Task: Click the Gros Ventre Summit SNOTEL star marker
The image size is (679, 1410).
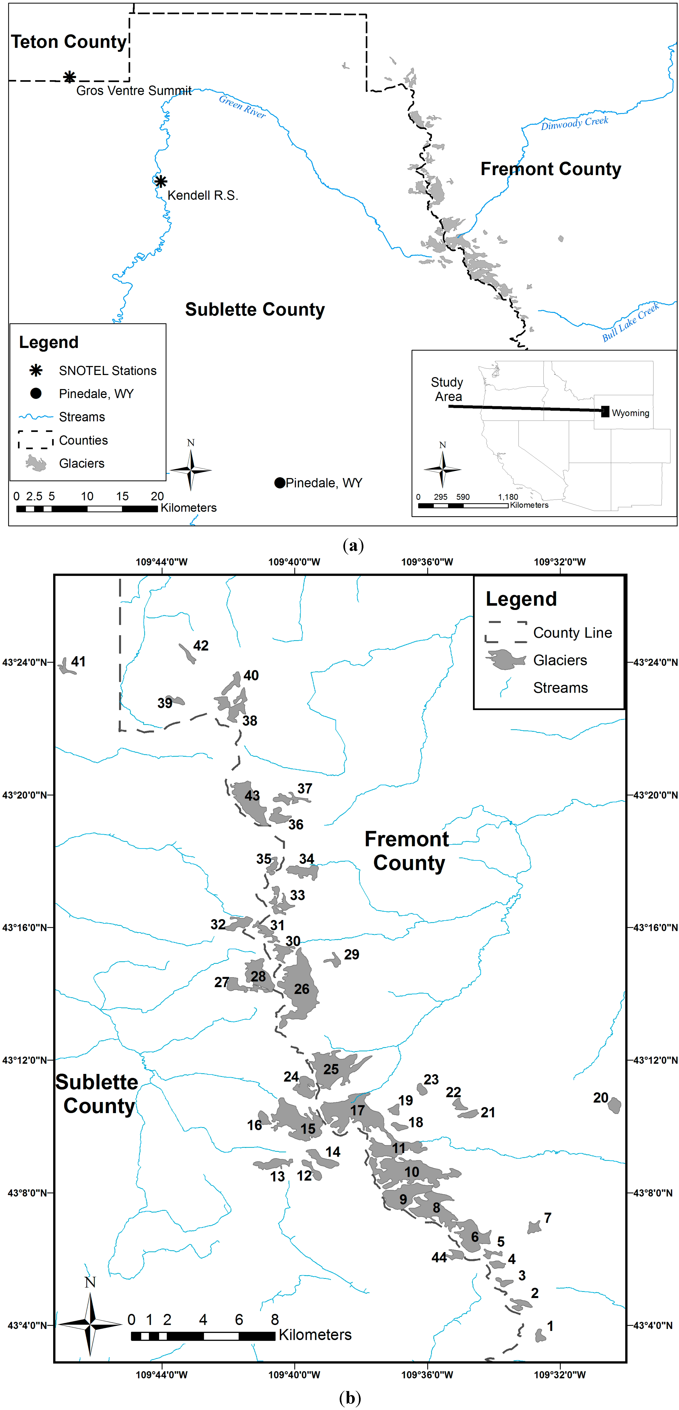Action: [x=69, y=77]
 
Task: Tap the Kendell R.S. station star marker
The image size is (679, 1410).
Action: [x=160, y=181]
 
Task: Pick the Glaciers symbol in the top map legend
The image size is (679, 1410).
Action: [x=36, y=463]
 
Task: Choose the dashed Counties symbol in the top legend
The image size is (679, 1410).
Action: [x=36, y=439]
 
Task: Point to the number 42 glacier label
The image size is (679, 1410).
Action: [x=201, y=646]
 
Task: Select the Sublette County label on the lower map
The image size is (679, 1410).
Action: [x=97, y=1094]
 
